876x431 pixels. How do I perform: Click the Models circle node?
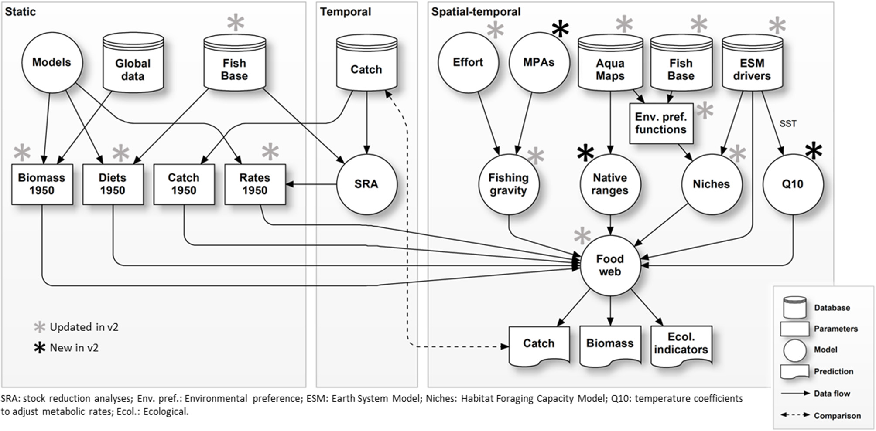pyautogui.click(x=52, y=62)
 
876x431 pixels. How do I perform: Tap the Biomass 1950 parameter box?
pyautogui.click(x=42, y=184)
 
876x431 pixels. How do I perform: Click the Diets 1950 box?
pyautogui.click(x=113, y=184)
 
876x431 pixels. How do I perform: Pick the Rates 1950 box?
pyautogui.click(x=255, y=184)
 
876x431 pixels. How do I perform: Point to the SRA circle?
pyautogui.click(x=366, y=184)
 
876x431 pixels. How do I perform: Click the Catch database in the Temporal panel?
pyautogui.click(x=366, y=65)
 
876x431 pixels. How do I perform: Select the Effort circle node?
pyautogui.click(x=468, y=62)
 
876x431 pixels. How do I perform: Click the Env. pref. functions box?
pyautogui.click(x=661, y=123)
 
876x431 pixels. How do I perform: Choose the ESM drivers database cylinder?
pyautogui.click(x=752, y=65)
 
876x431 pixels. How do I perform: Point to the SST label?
pyautogui.click(x=788, y=124)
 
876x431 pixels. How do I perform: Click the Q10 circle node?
pyautogui.click(x=793, y=184)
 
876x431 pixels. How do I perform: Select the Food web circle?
pyautogui.click(x=610, y=265)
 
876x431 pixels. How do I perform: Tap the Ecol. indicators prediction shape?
pyautogui.click(x=681, y=344)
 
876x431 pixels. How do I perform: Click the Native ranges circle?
pyautogui.click(x=610, y=184)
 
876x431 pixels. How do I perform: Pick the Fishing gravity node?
pyautogui.click(x=509, y=184)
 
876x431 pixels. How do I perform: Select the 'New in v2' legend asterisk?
pyautogui.click(x=40, y=348)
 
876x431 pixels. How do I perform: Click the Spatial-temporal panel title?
pyautogui.click(x=476, y=12)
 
